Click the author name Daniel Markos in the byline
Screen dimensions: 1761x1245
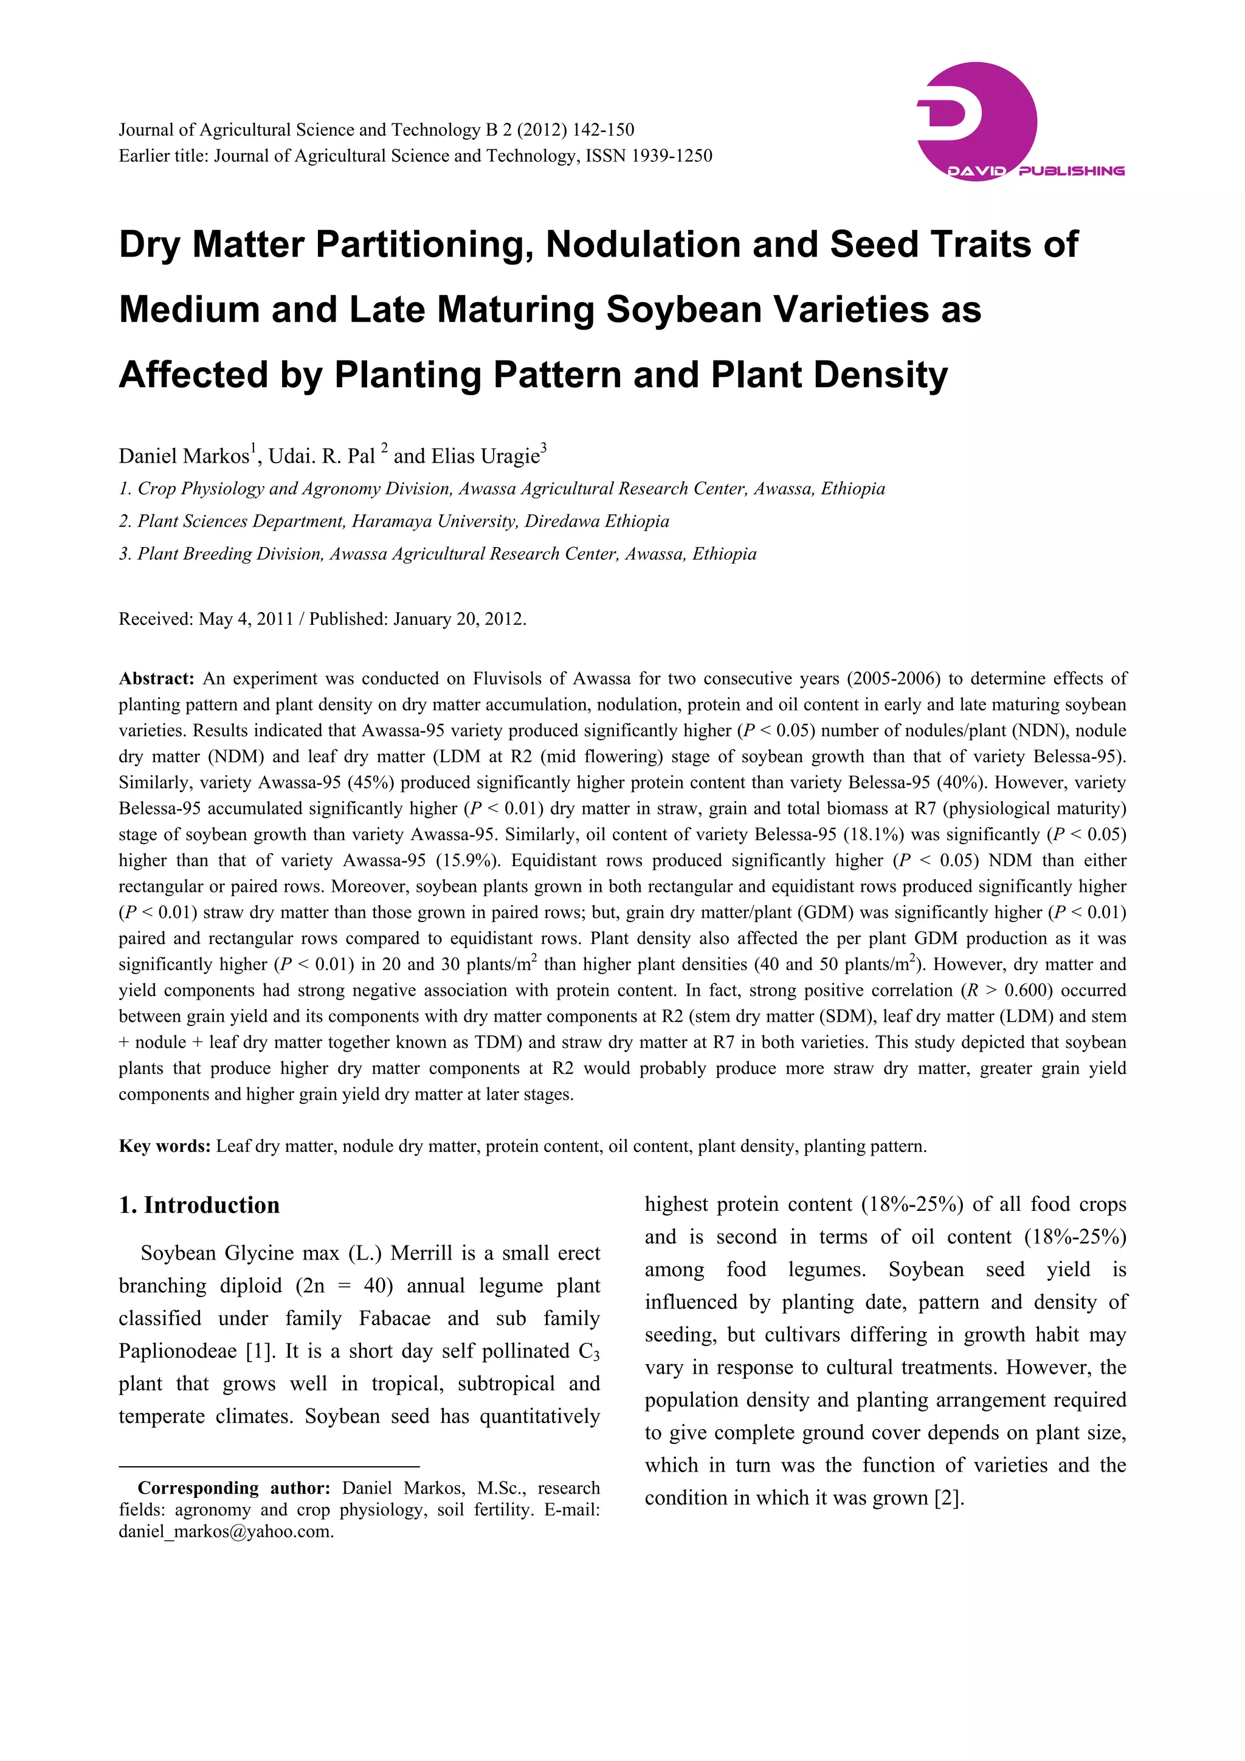pyautogui.click(x=184, y=457)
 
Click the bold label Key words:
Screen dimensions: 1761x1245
pyautogui.click(x=164, y=1146)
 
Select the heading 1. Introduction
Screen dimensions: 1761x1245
pyautogui.click(x=199, y=1205)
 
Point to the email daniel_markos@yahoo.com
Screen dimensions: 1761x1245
pyautogui.click(x=226, y=1532)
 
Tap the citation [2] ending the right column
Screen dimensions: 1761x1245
pyautogui.click(x=948, y=1498)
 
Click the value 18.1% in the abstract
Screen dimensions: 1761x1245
pyautogui.click(x=867, y=835)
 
